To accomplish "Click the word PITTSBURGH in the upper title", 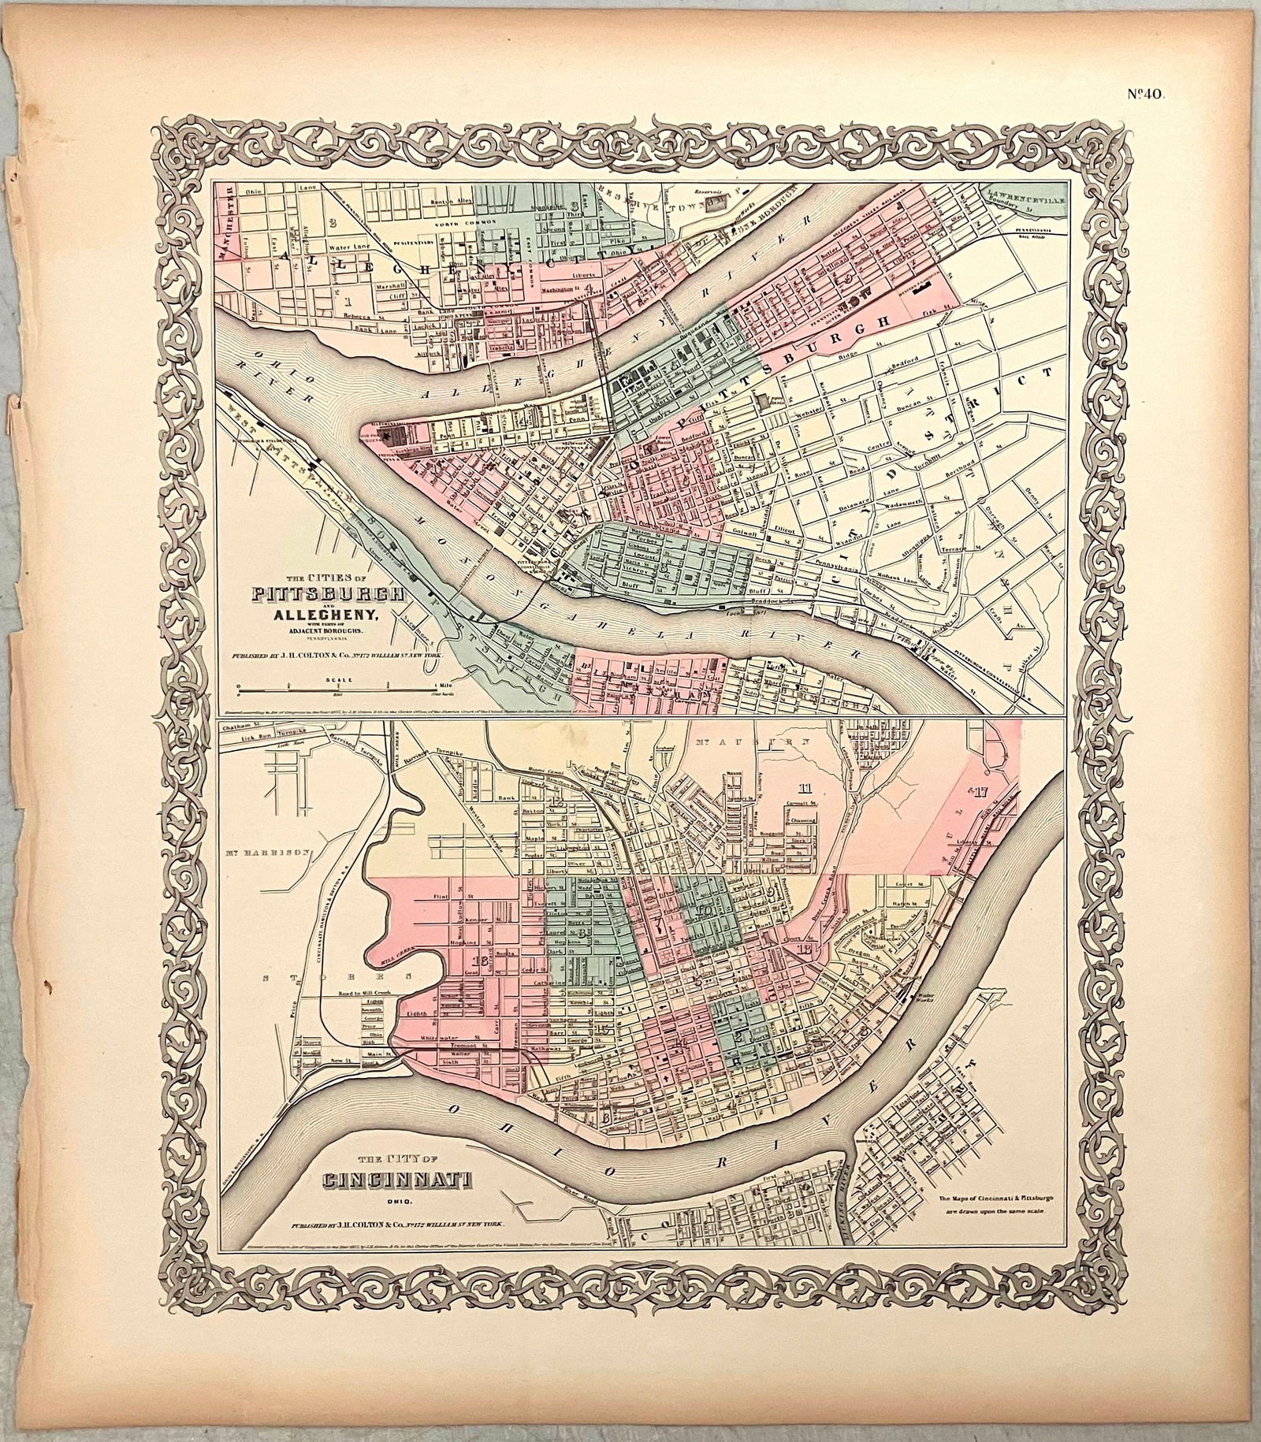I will click(x=329, y=593).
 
